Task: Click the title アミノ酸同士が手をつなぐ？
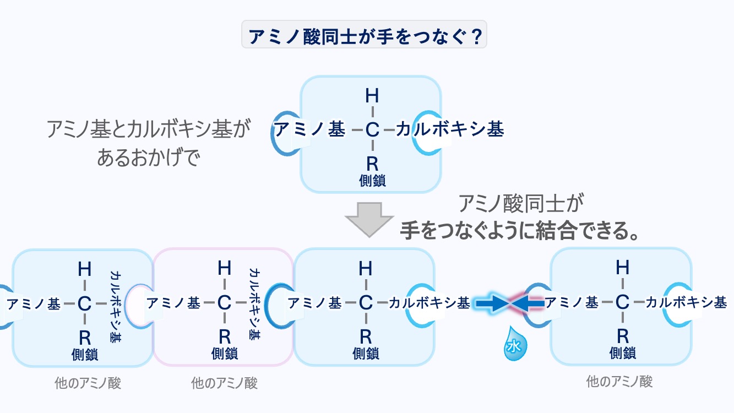(364, 35)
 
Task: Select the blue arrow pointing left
(527, 302)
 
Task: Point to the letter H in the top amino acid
(372, 96)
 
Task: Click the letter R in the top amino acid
(372, 164)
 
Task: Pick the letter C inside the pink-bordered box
(223, 302)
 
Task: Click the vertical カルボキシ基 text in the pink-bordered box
(255, 304)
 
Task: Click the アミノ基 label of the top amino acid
(309, 130)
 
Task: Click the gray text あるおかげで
(147, 158)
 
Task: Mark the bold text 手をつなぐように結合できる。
(519, 231)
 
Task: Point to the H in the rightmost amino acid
(622, 268)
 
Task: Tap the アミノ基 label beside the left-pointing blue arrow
(571, 302)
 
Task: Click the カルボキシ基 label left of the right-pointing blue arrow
(429, 302)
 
